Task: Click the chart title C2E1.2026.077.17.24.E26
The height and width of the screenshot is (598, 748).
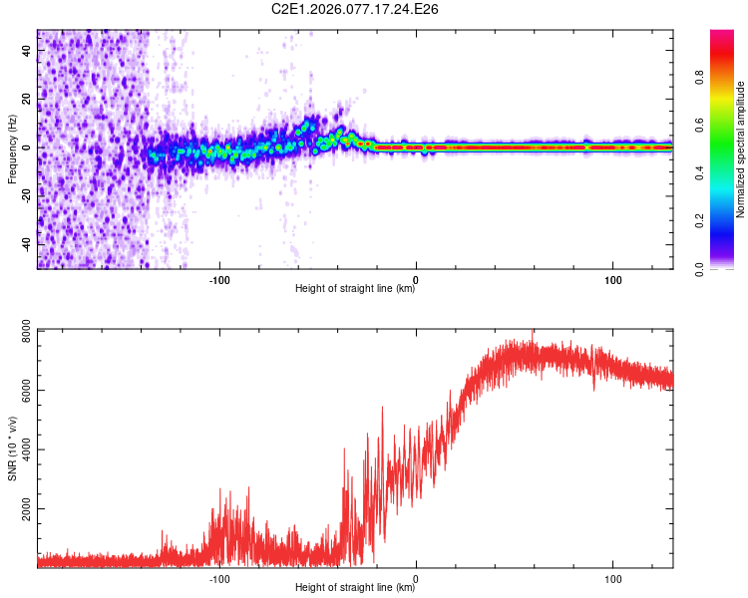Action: [x=356, y=9]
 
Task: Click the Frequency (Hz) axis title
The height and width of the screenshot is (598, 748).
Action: [x=12, y=149]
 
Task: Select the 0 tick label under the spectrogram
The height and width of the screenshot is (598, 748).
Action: [x=416, y=278]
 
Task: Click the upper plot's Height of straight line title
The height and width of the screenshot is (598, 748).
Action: [x=355, y=289]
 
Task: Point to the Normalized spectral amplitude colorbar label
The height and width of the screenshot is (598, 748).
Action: [x=741, y=149]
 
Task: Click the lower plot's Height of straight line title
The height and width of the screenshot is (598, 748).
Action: [x=355, y=588]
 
